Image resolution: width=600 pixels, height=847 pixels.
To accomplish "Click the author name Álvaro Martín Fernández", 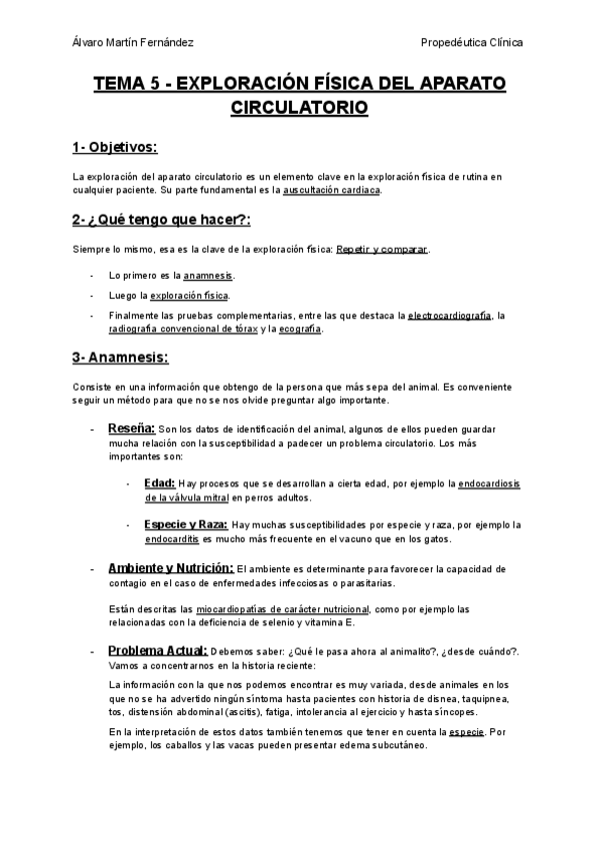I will [133, 43].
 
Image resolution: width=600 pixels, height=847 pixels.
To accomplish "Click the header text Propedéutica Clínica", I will [473, 43].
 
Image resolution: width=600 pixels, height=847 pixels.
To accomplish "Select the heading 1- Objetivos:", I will [115, 148].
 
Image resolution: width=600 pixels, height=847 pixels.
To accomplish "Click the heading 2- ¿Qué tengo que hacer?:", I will [161, 219].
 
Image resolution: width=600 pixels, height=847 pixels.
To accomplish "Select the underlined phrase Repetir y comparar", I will [381, 248].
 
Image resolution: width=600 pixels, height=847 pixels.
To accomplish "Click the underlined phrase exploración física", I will [190, 295].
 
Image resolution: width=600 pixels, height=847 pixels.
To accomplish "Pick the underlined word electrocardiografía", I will [449, 316].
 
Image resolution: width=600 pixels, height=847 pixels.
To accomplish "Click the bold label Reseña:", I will [131, 427].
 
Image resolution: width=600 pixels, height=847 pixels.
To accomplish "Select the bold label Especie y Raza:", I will [186, 523].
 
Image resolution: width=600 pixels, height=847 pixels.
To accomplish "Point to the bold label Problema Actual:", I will [157, 650].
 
